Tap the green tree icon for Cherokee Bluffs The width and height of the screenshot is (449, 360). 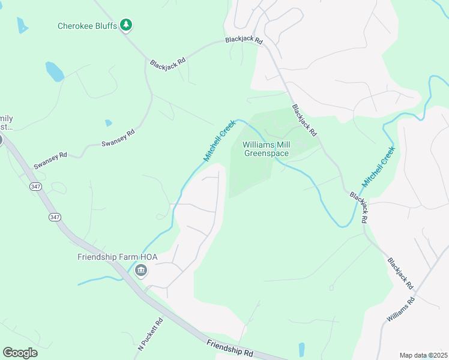point(126,25)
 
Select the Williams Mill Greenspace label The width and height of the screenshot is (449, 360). point(266,149)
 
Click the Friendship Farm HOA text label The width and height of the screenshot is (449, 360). point(117,257)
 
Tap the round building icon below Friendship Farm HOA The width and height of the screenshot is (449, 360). point(142,271)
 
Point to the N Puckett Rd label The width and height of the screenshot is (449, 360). point(151,334)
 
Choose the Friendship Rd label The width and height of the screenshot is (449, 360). point(230,348)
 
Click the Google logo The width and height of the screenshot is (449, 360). point(20,352)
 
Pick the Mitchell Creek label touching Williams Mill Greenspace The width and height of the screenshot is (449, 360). point(219,140)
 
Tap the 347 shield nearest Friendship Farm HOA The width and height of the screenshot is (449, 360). point(55,217)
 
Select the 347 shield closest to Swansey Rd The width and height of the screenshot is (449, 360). point(35,187)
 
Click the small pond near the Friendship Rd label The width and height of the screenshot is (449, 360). point(301,349)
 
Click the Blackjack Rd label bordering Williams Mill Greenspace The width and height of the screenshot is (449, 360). point(304,119)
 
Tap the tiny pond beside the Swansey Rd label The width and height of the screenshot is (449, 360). point(108,123)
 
